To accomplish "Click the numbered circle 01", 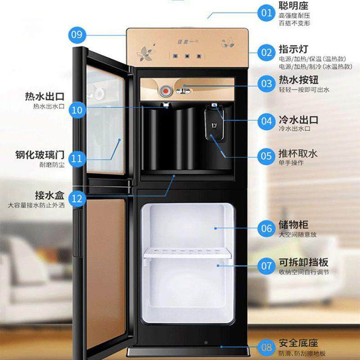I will [x=267, y=12].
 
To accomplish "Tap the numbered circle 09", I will [x=78, y=34].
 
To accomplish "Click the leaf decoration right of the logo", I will [x=227, y=43].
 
